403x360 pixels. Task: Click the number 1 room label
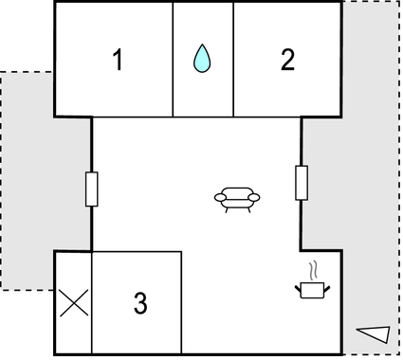117,61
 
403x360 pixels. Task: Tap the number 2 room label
287,61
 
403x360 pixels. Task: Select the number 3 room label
140,304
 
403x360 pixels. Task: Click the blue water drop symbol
201,59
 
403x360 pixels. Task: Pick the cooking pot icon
312,290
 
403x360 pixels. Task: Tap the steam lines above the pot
311,269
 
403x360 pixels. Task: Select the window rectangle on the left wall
92,189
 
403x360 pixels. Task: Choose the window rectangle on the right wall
302,182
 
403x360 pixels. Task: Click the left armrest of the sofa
219,196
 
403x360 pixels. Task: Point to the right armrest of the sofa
255,196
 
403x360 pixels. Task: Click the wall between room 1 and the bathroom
173,59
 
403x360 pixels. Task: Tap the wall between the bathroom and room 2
233,59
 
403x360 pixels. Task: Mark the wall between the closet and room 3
92,304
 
